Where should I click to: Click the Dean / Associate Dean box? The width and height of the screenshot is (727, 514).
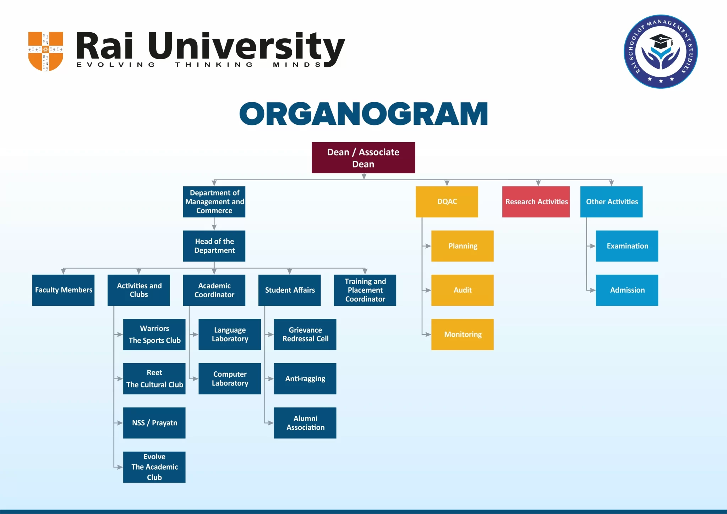(363, 157)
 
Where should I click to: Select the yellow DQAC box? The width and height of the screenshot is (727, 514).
(447, 201)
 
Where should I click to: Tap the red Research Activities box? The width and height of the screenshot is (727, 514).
(536, 201)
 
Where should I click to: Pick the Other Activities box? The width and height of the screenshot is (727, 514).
(611, 201)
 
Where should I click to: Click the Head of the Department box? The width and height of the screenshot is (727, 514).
(214, 246)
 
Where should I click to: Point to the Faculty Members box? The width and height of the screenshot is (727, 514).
(63, 290)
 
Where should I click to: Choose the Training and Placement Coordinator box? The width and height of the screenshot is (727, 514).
(365, 290)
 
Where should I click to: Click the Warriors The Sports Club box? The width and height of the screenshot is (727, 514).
(154, 334)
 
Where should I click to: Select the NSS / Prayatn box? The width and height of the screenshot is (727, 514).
(154, 422)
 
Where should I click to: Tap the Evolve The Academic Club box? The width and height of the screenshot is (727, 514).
(154, 467)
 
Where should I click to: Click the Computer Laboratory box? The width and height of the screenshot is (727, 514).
(229, 378)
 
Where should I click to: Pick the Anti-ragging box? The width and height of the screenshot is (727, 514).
(305, 378)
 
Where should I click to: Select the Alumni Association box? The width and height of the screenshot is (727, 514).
(305, 422)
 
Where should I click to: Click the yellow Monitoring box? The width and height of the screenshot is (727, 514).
(462, 334)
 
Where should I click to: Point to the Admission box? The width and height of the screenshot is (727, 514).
(627, 290)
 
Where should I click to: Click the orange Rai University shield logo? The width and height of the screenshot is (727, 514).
(45, 51)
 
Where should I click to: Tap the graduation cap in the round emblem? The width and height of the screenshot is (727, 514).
(661, 42)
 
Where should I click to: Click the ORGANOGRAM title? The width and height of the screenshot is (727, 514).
(363, 114)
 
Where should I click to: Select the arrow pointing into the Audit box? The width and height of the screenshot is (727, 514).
(427, 290)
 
